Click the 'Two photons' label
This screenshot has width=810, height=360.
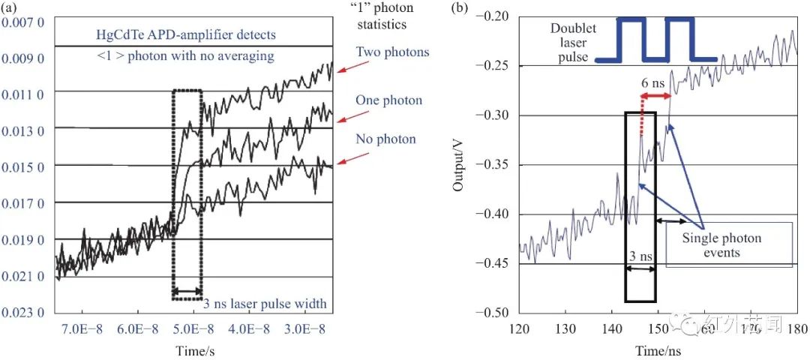(392, 52)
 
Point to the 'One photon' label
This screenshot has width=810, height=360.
(388, 100)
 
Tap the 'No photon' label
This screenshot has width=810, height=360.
(386, 139)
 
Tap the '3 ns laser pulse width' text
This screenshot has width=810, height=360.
(265, 304)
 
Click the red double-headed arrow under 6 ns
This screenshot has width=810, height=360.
(655, 97)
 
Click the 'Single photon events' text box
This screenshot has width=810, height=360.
(729, 245)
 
